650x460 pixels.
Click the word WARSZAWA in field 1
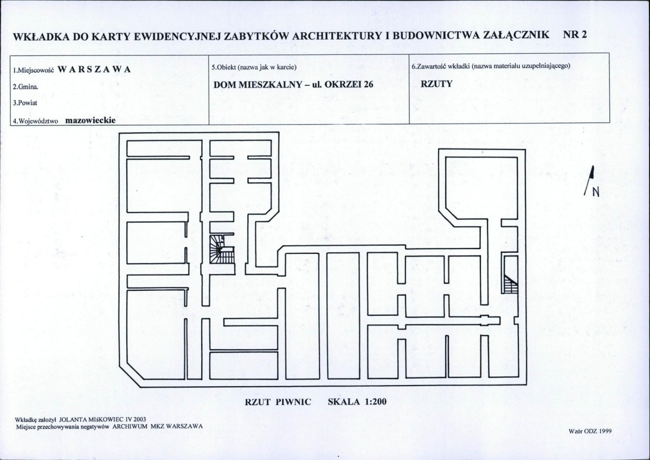pyautogui.click(x=94, y=69)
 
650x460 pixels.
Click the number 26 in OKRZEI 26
pyautogui.click(x=368, y=84)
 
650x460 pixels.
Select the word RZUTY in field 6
pyautogui.click(x=436, y=84)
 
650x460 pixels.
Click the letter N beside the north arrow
pyautogui.click(x=596, y=192)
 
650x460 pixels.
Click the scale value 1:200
pyautogui.click(x=376, y=401)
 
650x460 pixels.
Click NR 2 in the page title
pyautogui.click(x=575, y=35)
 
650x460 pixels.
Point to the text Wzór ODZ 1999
pyautogui.click(x=591, y=431)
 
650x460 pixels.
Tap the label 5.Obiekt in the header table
pyautogui.click(x=224, y=67)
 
